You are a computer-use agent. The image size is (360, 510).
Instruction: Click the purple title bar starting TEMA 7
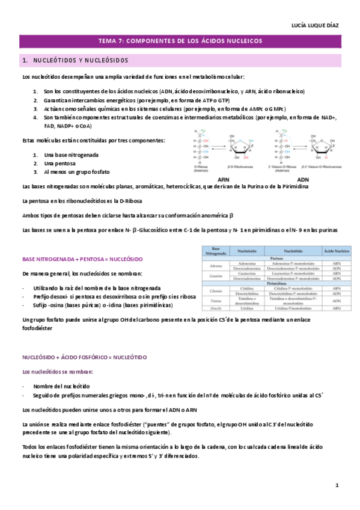coord(180,41)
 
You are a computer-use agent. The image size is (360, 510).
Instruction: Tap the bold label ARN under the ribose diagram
coord(222,179)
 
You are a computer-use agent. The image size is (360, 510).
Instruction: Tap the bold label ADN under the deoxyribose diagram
coord(304,179)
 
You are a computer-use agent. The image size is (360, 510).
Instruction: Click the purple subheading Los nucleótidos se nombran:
coord(58,372)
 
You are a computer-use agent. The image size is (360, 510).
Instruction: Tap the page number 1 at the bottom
coord(337,485)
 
